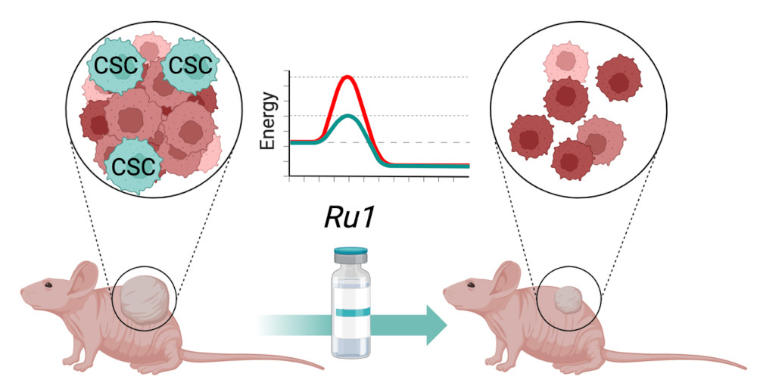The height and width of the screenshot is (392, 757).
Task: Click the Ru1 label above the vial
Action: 348,218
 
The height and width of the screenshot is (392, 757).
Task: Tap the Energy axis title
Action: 269,120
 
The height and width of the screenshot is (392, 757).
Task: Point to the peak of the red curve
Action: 348,77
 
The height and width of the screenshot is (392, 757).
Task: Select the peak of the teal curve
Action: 348,117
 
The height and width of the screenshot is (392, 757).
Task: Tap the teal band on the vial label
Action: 348,313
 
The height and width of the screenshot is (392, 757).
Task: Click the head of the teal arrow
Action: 437,324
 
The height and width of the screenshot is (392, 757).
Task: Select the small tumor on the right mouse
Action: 569,300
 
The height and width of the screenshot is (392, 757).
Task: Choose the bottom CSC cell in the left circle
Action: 133,166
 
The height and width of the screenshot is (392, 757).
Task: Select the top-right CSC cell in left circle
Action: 190,64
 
